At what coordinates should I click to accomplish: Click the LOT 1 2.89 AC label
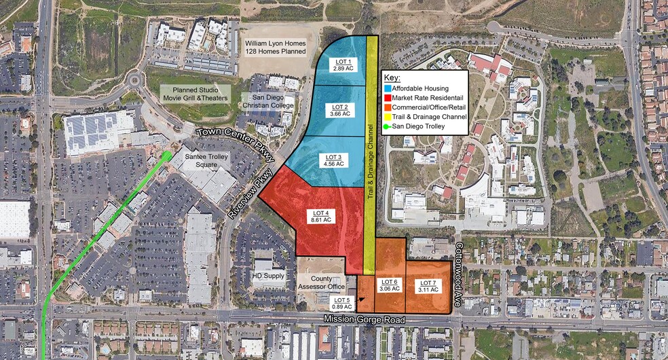pos(344,65)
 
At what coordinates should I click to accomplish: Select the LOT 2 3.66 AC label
pos(341,111)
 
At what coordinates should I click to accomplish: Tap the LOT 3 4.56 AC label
pos(334,160)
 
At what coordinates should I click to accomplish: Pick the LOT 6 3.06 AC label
pos(390,285)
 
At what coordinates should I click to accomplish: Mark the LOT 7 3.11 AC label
pos(428,285)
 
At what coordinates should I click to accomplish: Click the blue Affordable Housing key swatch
pos(388,88)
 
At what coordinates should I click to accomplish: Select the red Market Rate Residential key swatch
pos(388,98)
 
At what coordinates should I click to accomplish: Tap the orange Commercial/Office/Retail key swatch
pos(388,107)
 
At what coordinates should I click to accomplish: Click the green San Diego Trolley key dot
pos(387,126)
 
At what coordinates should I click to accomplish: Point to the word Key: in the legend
pos(393,78)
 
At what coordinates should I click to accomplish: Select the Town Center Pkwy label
pos(236,142)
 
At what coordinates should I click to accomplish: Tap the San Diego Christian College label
pos(270,102)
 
